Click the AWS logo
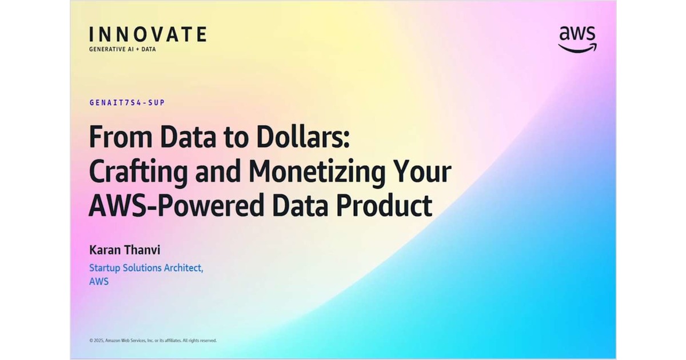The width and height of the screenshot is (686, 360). click(577, 39)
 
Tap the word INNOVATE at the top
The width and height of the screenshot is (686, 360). click(147, 34)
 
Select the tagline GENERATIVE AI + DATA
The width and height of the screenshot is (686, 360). click(122, 49)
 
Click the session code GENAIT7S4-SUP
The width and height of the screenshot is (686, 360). click(127, 103)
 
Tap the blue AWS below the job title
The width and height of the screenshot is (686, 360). click(98, 281)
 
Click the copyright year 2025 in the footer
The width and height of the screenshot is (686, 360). click(98, 341)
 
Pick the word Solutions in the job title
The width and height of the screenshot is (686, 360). click(143, 267)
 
